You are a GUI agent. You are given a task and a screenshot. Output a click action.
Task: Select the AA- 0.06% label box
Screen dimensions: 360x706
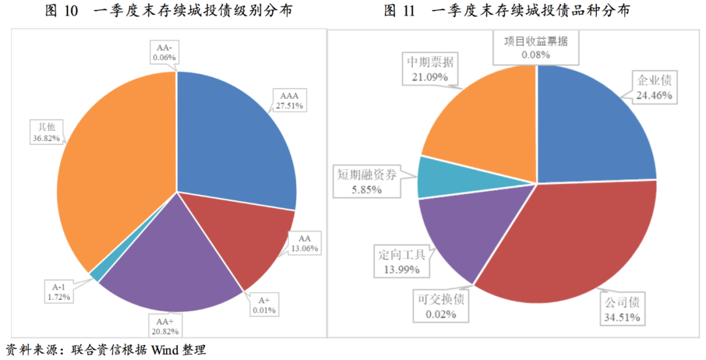(x=164, y=52)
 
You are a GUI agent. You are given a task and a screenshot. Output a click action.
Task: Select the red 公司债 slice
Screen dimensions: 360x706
(x=569, y=242)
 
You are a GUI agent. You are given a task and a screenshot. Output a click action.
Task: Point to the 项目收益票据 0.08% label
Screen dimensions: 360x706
(x=535, y=47)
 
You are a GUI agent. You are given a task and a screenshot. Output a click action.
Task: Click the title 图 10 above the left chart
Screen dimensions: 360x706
(x=62, y=11)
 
